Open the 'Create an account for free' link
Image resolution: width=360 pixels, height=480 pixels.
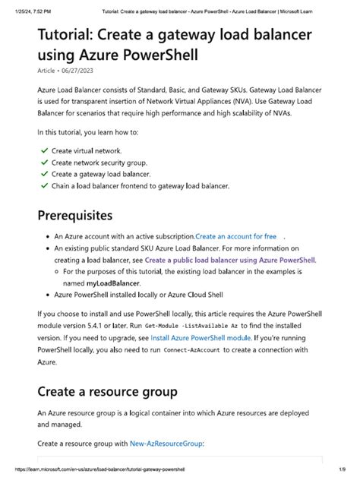pyautogui.click(x=235, y=237)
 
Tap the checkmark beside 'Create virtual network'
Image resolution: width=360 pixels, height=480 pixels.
pyautogui.click(x=44, y=151)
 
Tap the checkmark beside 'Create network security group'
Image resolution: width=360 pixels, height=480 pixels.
pyautogui.click(x=44, y=163)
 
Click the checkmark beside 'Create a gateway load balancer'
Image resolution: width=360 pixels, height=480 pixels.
pyautogui.click(x=44, y=174)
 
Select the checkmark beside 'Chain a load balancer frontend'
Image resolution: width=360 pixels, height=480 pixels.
pyautogui.click(x=44, y=185)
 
